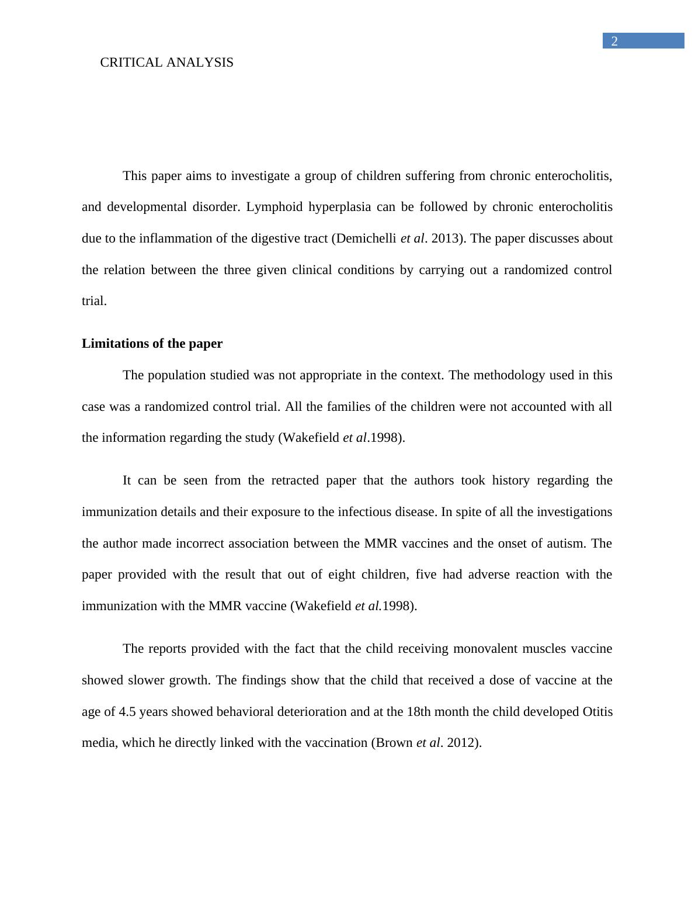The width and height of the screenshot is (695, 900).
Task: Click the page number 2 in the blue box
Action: pyautogui.click(x=614, y=41)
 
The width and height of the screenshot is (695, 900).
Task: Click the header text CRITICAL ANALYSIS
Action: pyautogui.click(x=166, y=63)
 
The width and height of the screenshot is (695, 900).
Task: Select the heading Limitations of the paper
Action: pyautogui.click(x=152, y=344)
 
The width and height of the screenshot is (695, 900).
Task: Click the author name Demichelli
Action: pyautogui.click(x=367, y=238)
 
